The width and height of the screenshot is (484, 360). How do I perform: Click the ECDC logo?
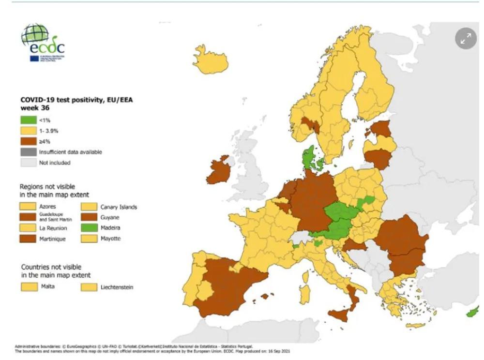pos(43,43)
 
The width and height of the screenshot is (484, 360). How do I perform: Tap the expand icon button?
pos(466,39)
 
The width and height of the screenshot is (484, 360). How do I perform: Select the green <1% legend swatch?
pos(28,120)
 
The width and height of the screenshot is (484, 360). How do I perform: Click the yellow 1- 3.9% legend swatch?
pos(28,131)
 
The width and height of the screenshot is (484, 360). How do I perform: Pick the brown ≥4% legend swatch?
pos(28,141)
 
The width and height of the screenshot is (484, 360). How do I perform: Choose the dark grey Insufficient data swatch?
pos(28,152)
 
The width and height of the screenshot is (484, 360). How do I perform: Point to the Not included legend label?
pos(54,163)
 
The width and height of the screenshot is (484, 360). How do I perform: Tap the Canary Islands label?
pos(119,207)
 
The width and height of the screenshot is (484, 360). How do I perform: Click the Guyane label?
pos(110,217)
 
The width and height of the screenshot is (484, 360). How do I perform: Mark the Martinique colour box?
pos(28,239)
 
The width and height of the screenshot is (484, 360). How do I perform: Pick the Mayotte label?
pos(111,239)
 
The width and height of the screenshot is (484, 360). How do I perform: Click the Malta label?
pos(47,286)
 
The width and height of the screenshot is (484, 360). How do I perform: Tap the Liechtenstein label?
pos(117,287)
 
